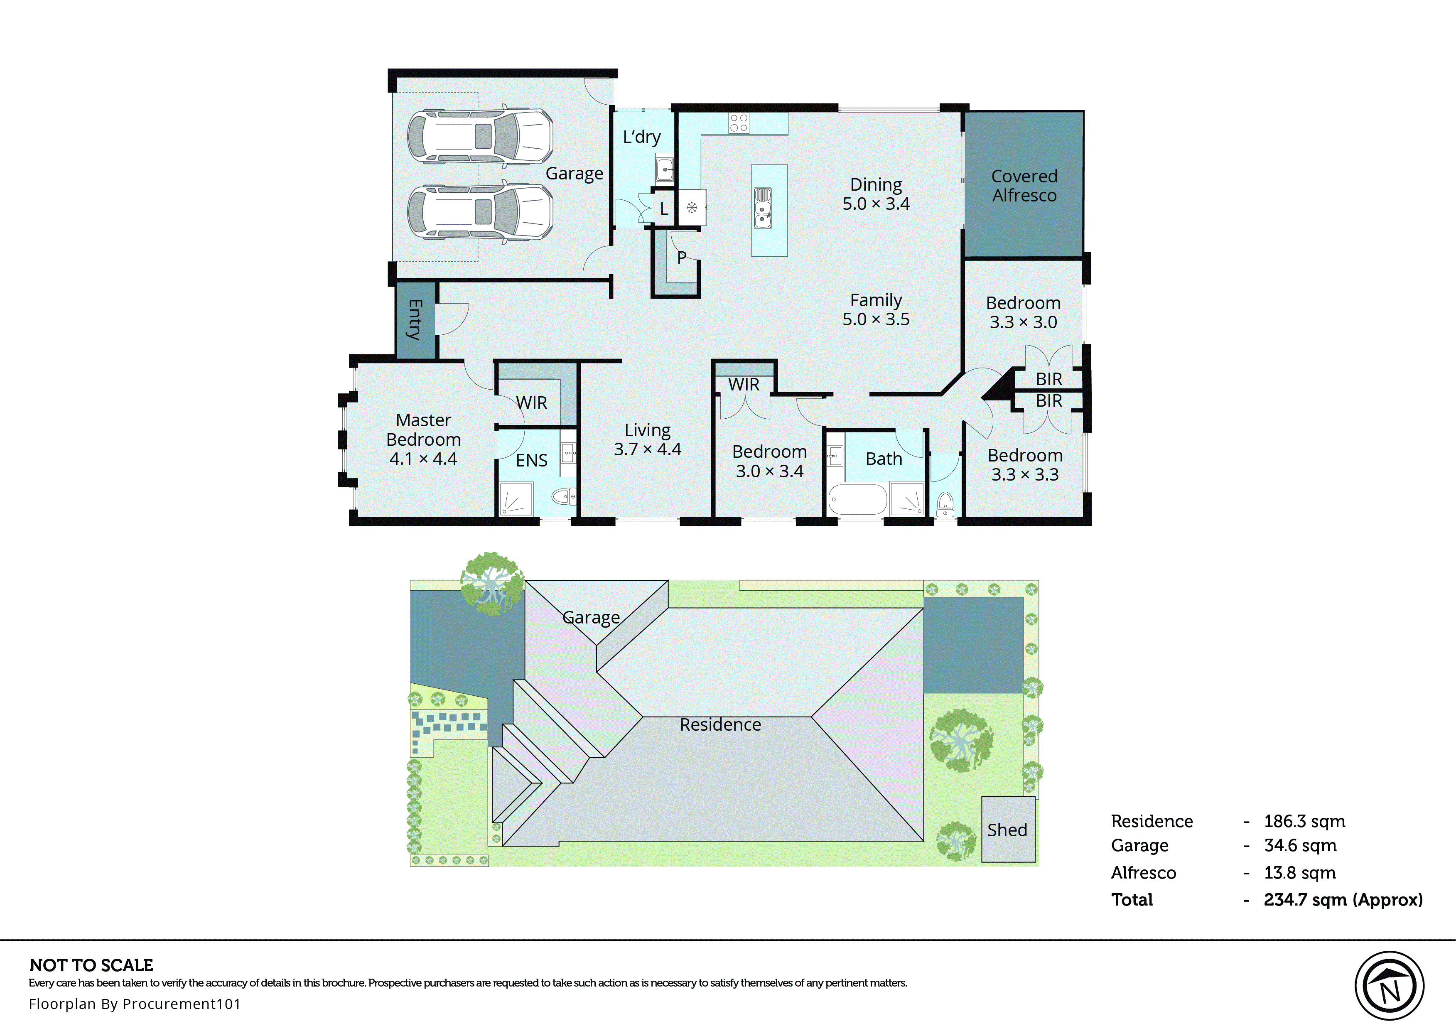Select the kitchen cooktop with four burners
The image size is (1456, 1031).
point(738,123)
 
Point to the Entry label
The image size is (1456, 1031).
point(415,319)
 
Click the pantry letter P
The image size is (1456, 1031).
point(682,257)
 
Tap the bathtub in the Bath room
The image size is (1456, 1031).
point(857,500)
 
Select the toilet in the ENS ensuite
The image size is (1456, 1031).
point(562,496)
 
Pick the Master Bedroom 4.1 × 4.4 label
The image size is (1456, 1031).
point(423,439)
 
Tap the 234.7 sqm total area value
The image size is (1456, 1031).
point(1343,900)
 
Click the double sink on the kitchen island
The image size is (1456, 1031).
point(762,208)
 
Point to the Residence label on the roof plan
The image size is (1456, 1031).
point(720,724)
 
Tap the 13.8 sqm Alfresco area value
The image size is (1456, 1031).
point(1299,872)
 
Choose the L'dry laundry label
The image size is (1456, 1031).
point(642,137)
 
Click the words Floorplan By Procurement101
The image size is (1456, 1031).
point(135,1004)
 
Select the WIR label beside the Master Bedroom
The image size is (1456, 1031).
point(531,403)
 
